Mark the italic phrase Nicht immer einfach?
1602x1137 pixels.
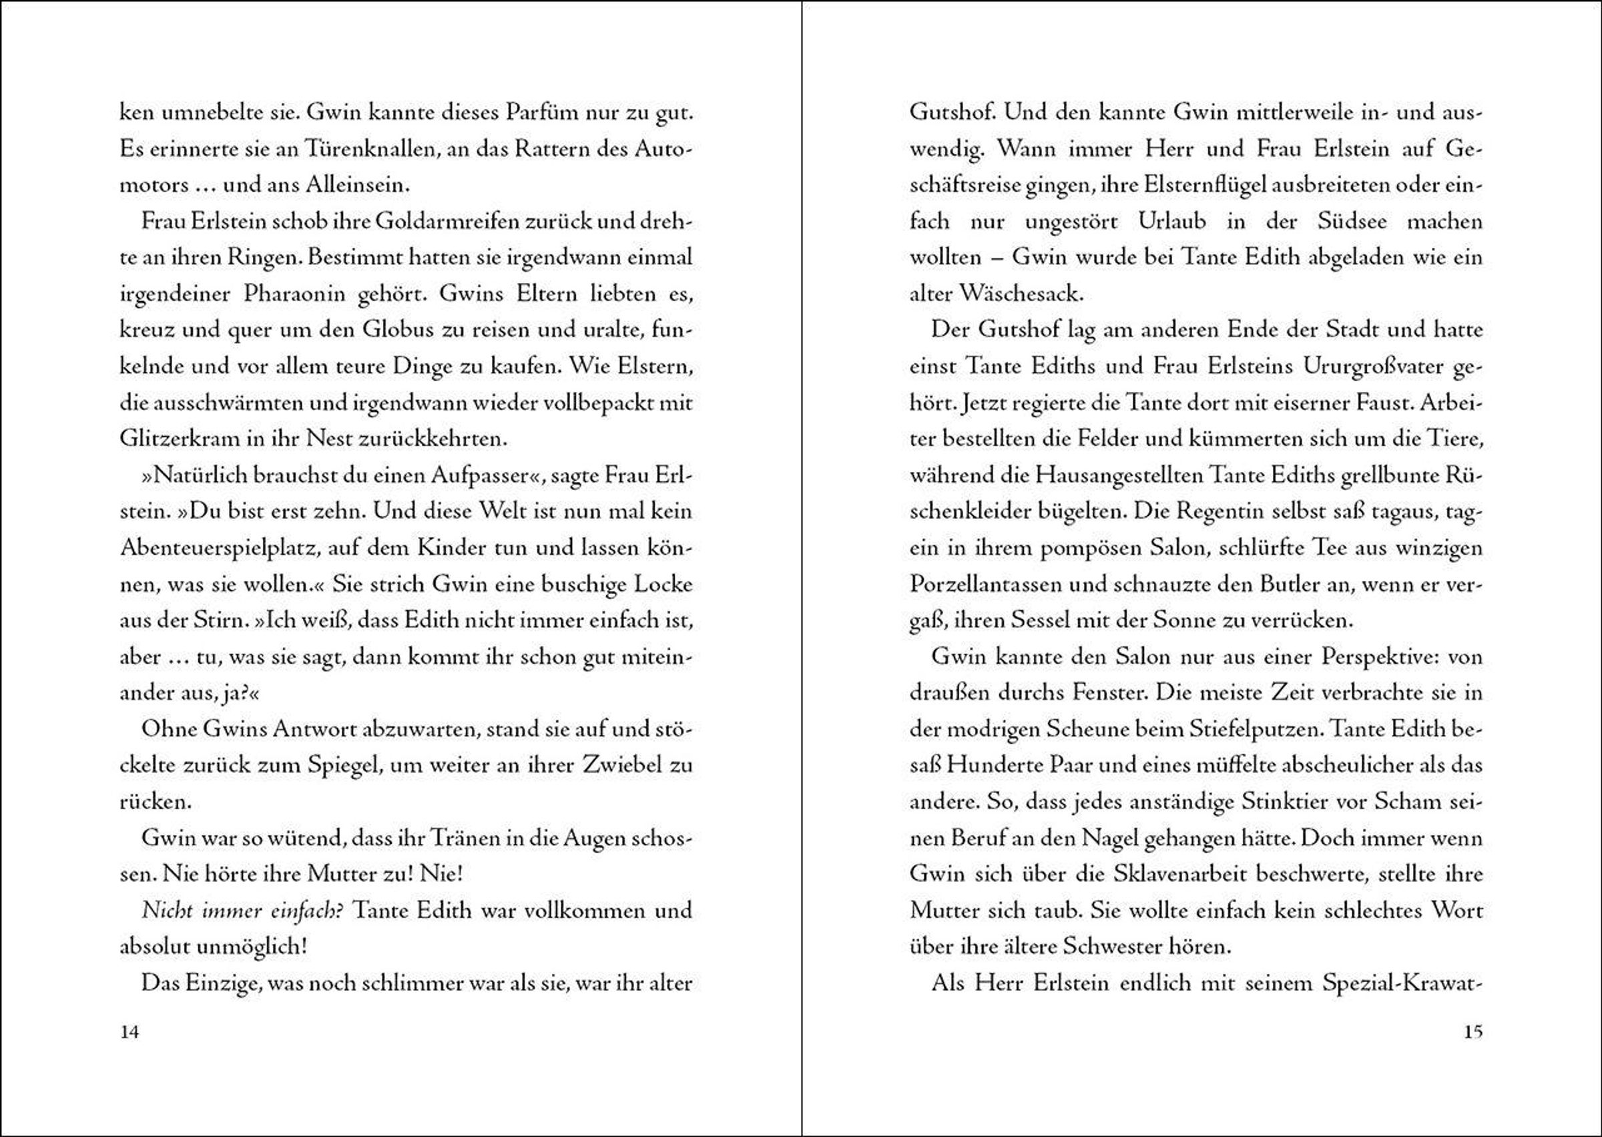[x=242, y=911]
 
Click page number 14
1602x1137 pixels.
[x=129, y=1032]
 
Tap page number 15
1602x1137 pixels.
[x=1473, y=1032]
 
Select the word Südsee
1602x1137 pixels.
[x=1352, y=222]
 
